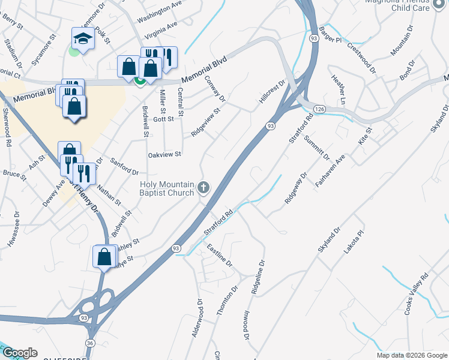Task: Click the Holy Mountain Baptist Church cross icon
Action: point(203,188)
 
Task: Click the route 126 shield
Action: point(319,109)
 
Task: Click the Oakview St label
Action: point(164,155)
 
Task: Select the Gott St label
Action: point(163,119)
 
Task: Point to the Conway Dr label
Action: point(214,88)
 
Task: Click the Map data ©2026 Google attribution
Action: point(412,355)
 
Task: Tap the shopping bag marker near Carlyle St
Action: point(104,256)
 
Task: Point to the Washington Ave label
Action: point(159,11)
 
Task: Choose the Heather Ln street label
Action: point(338,90)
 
